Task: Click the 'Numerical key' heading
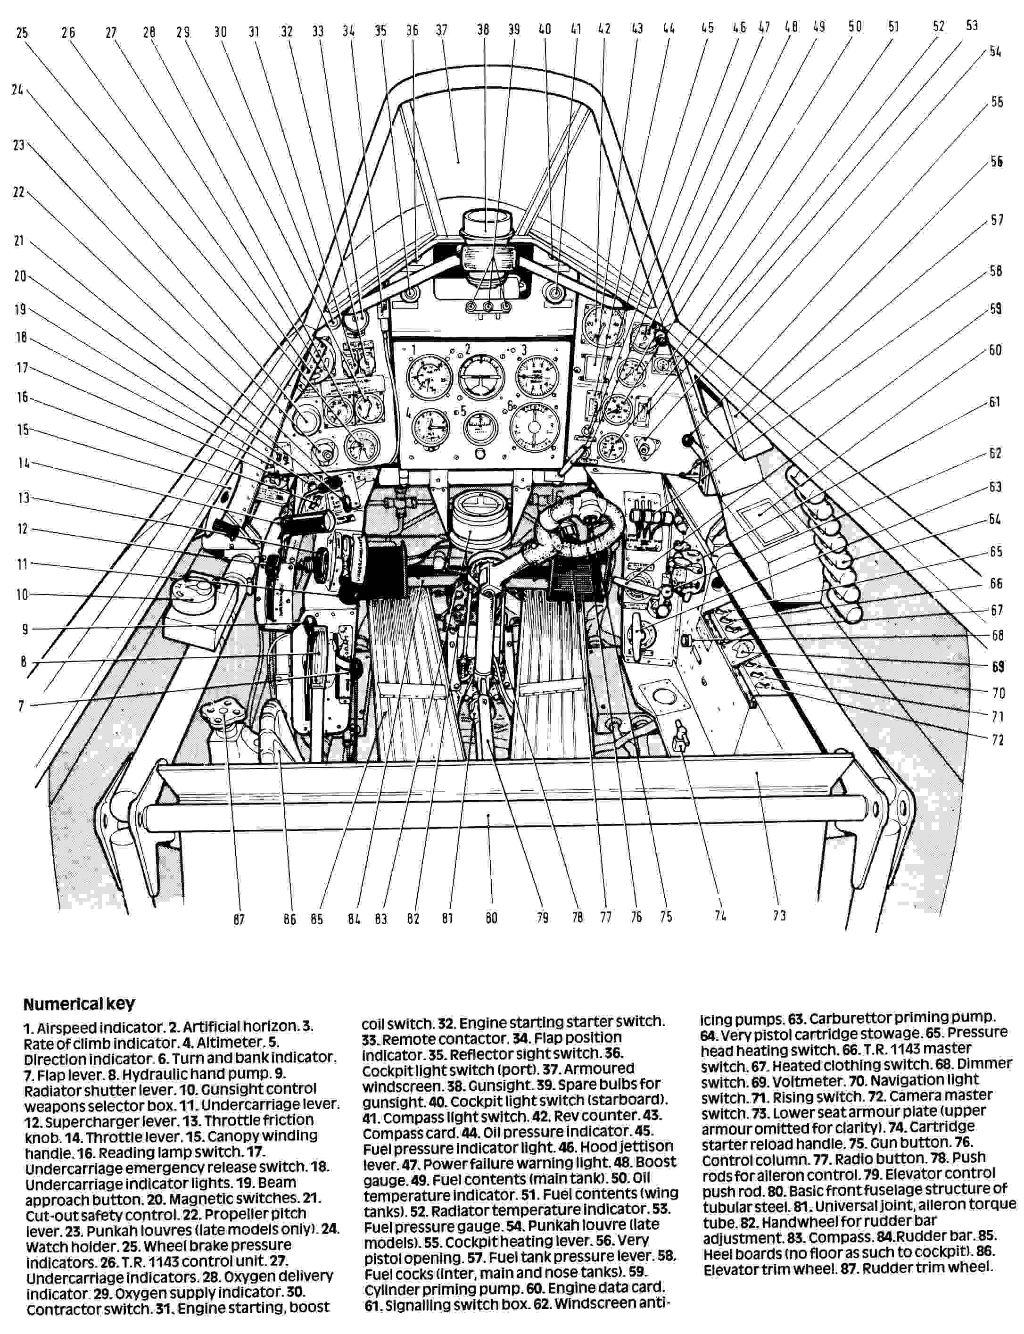pyautogui.click(x=79, y=1003)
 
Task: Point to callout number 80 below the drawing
pyautogui.click(x=491, y=918)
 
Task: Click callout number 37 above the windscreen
pyautogui.click(x=442, y=30)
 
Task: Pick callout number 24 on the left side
pyautogui.click(x=17, y=90)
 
